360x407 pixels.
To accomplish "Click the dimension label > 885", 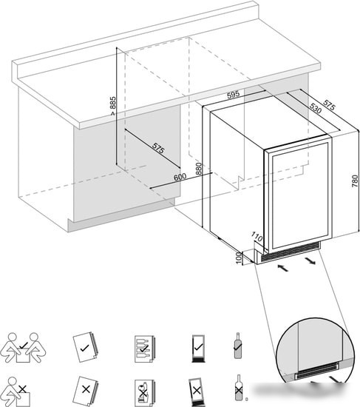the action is coord(112,106).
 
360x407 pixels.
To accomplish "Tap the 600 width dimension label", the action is coord(180,177).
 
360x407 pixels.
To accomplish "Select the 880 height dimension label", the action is coord(199,169).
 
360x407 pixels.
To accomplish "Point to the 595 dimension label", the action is coord(233,95).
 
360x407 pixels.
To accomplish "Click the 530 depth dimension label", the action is coord(316,108).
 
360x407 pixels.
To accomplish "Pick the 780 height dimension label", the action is coord(355,181).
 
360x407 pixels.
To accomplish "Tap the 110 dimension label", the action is coord(257,236).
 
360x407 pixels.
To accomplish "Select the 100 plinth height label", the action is coord(239,258).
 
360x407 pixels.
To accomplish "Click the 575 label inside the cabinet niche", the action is coord(158,149).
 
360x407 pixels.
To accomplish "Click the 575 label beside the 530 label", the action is coord(330,105).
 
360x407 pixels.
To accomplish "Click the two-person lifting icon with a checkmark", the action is coord(23,348).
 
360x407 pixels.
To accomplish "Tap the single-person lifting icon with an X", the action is coord(16,392).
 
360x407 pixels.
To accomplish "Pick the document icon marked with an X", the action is coord(85,389).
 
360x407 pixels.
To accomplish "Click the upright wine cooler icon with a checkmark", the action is coord(198,348).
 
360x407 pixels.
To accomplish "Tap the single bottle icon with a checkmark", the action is coord(237,346).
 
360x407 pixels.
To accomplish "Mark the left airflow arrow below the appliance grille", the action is coord(282,268).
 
